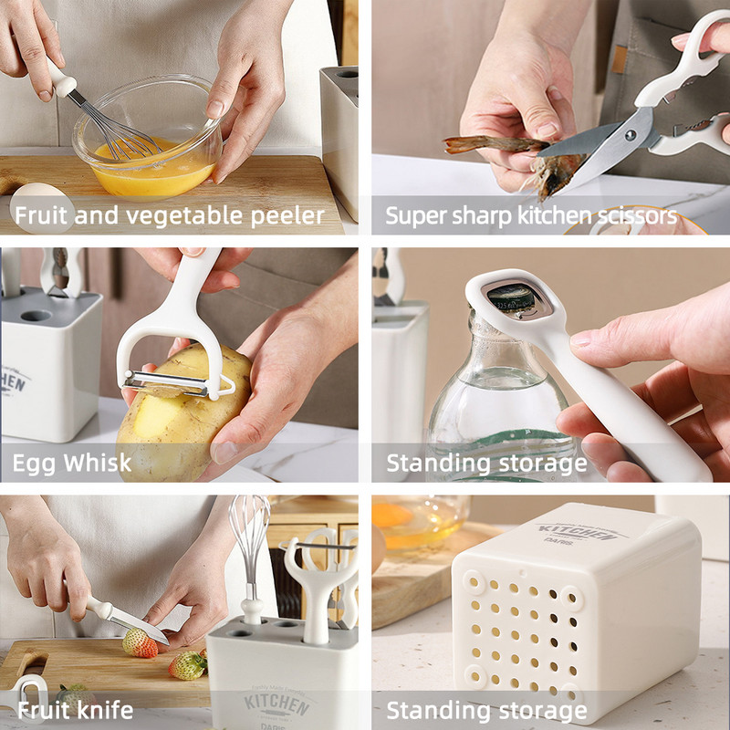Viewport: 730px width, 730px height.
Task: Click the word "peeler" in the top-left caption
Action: tap(287, 216)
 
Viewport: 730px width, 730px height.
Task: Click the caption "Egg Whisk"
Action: tap(72, 464)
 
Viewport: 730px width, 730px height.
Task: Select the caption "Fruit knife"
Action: tap(76, 710)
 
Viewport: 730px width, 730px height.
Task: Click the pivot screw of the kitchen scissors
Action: tap(631, 135)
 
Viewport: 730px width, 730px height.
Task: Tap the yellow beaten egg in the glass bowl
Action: tap(152, 169)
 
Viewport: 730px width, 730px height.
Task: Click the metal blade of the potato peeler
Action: tap(166, 382)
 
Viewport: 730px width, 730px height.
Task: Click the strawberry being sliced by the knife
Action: tap(140, 643)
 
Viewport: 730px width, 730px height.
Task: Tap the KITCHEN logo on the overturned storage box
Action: tap(575, 532)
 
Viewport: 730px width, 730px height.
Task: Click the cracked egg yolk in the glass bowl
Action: tap(391, 515)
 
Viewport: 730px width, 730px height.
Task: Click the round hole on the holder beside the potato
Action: tap(36, 316)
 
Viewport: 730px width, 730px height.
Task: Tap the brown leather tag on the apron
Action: tap(619, 58)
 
